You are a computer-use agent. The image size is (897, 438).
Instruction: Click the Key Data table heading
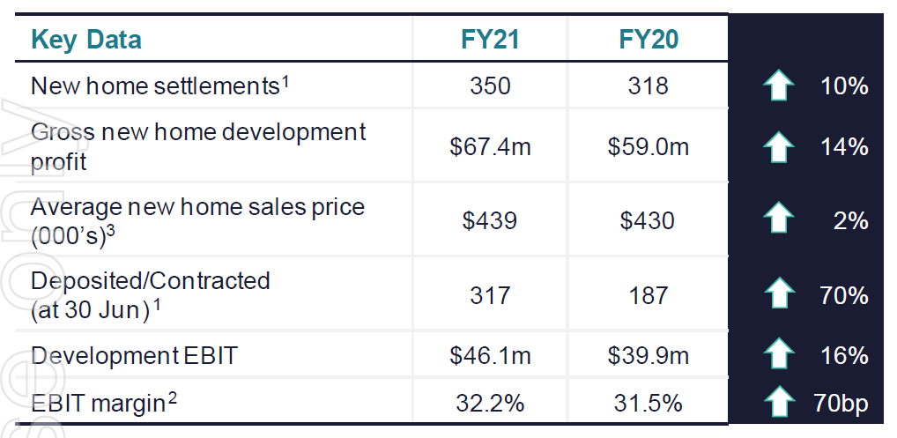point(86,40)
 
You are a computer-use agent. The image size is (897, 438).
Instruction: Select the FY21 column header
point(490,40)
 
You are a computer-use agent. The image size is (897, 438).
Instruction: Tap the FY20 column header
point(649,40)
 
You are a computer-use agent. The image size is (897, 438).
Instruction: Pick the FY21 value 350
point(490,85)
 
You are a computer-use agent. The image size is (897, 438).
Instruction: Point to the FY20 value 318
point(649,85)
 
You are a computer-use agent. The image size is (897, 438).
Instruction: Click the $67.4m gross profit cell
point(490,147)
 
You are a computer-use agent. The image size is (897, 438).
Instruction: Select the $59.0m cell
point(649,147)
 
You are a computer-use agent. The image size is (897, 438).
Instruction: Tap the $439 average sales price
point(490,220)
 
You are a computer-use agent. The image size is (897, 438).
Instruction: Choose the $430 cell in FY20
point(649,220)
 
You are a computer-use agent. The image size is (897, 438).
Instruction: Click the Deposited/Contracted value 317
point(490,295)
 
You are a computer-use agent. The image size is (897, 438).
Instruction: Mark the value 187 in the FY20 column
point(649,295)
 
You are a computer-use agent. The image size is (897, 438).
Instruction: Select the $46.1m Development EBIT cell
point(490,356)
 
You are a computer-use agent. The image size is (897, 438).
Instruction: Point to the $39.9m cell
point(649,356)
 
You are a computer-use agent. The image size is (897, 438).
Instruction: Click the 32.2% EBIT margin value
point(490,404)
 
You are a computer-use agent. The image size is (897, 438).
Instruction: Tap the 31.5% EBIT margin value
point(649,404)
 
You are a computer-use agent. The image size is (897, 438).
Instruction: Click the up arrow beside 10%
point(778,86)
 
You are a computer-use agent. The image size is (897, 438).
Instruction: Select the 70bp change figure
point(841,404)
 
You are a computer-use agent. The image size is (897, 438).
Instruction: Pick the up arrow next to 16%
point(778,356)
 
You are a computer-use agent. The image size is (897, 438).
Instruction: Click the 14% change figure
point(843,147)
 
